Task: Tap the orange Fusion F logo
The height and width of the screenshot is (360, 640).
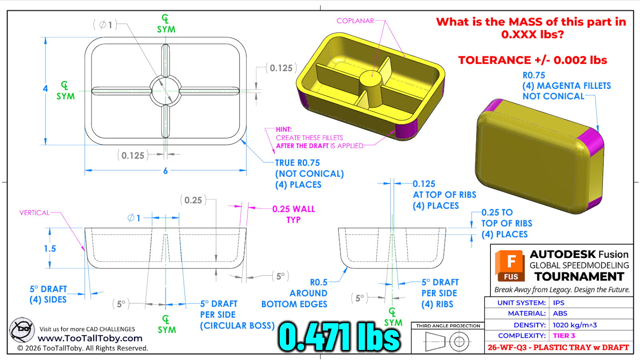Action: (510, 266)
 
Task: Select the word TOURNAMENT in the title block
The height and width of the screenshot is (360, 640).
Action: (580, 276)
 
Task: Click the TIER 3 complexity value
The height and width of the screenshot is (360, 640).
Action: (564, 336)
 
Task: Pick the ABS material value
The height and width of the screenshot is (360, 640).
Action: (560, 314)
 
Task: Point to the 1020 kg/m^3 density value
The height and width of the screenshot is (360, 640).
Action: (574, 325)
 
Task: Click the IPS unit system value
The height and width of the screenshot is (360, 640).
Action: (558, 302)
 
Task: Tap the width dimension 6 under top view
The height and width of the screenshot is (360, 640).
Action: (166, 171)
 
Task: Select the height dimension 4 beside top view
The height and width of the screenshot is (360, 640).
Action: (45, 88)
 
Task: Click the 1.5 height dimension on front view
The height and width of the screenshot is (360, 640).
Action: (50, 248)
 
